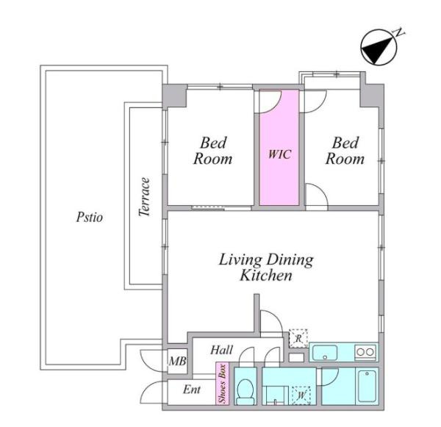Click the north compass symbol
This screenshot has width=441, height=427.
coord(379,47)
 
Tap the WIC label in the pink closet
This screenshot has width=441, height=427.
coord(279,154)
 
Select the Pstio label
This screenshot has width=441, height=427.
coord(90,218)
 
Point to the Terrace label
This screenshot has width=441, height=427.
coord(144,197)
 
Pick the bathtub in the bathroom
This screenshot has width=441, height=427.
coord(367,386)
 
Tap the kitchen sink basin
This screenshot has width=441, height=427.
coord(325,352)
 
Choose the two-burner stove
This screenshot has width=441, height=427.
coord(365,352)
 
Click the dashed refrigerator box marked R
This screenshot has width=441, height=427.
coord(298,338)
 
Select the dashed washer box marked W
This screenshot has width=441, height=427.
coord(301,395)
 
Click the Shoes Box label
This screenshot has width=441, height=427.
coord(223,384)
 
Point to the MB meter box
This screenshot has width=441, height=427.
coord(177,361)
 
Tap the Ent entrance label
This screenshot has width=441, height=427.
coord(192,390)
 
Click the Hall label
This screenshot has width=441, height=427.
coord(222,351)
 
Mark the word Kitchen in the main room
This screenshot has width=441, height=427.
coord(266,276)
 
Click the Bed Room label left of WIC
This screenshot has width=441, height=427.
coord(213,151)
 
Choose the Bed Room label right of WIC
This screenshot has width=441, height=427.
coord(345,151)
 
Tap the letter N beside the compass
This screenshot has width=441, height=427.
coord(399,32)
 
